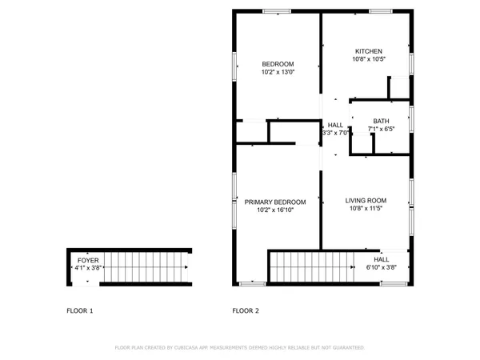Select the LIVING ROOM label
(x=366, y=200)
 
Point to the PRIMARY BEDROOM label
(x=275, y=202)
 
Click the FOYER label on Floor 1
(x=87, y=261)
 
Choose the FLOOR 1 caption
(x=79, y=310)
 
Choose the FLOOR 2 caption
(x=246, y=310)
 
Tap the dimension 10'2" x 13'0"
(x=278, y=73)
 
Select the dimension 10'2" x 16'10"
(x=275, y=210)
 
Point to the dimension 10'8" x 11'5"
(x=366, y=208)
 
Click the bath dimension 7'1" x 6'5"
(x=381, y=129)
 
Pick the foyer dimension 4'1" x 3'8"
(x=87, y=269)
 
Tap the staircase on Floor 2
(x=311, y=266)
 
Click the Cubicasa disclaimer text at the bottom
(x=240, y=348)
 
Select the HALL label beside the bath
(x=335, y=125)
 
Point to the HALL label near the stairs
(x=382, y=259)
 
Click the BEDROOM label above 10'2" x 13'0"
(x=278, y=64)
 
